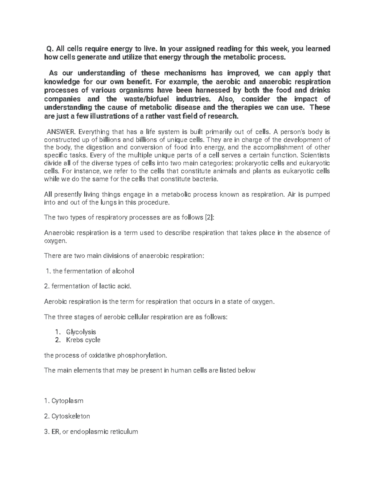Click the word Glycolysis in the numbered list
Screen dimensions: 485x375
[x=81, y=332]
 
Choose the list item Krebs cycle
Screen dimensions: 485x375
[x=83, y=340]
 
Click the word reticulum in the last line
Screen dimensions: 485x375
[x=122, y=432]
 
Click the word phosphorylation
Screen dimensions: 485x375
[x=145, y=355]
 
